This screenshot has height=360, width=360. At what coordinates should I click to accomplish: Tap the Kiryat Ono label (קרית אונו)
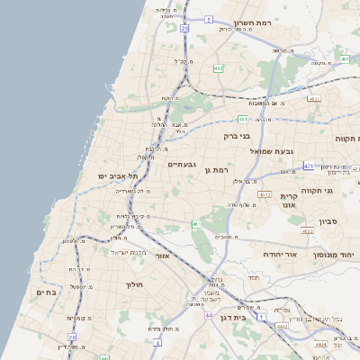tap(289, 201)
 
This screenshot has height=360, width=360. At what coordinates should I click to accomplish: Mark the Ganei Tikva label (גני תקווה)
tap(341, 190)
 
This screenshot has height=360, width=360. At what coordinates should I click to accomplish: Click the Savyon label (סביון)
tap(327, 220)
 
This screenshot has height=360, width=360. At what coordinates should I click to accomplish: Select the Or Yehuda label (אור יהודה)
tap(263, 255)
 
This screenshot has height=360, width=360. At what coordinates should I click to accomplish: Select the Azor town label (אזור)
tap(163, 256)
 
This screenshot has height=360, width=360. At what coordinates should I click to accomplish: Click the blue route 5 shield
tap(208, 18)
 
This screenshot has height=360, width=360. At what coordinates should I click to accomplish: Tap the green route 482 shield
tap(218, 67)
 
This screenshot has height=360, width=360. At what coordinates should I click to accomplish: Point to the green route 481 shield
tap(243, 118)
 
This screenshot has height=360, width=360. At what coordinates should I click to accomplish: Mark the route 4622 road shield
tap(307, 231)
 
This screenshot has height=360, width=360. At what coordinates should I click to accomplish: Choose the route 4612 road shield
tap(265, 193)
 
